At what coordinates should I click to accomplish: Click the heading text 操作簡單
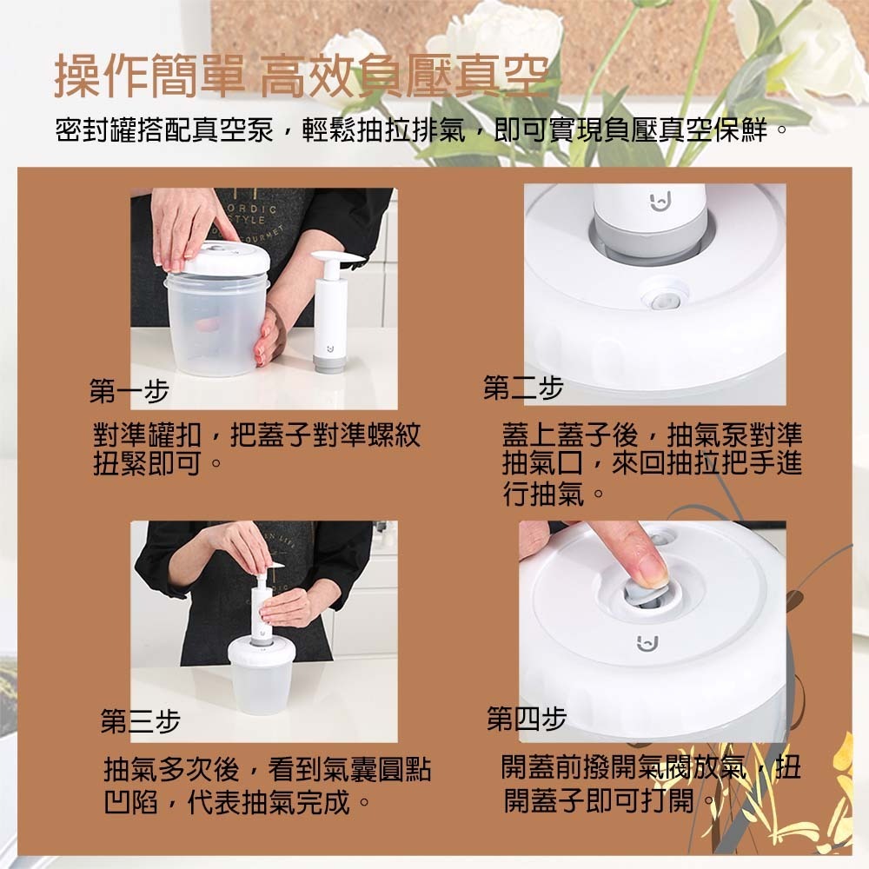pyautogui.click(x=148, y=76)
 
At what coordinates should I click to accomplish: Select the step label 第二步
pyautogui.click(x=524, y=388)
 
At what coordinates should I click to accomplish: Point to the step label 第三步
pyautogui.click(x=140, y=721)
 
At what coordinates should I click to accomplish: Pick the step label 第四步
pyautogui.click(x=527, y=720)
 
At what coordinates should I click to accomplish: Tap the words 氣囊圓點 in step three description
pyautogui.click(x=382, y=769)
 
